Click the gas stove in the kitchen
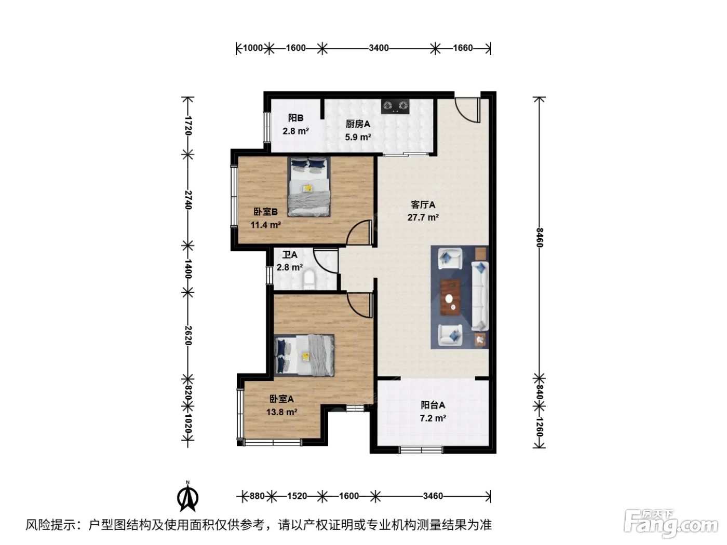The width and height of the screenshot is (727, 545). (395, 106)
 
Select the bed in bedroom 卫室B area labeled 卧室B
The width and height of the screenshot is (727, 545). (308, 187)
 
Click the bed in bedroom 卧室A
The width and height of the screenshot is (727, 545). (304, 355)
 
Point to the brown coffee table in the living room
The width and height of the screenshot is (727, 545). (450, 297)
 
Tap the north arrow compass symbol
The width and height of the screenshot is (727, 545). (188, 496)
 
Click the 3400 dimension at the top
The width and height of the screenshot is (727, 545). (379, 48)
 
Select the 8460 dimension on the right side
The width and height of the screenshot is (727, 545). (539, 237)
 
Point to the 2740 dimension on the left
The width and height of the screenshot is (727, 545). (188, 199)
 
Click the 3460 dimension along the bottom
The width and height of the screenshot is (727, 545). (433, 496)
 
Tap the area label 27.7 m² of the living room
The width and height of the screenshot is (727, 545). (423, 217)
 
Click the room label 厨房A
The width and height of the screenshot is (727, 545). (358, 124)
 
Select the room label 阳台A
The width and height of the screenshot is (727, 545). (433, 405)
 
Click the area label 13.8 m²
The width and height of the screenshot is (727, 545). (281, 412)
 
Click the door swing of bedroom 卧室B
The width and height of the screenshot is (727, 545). (359, 233)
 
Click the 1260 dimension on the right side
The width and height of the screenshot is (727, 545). (539, 427)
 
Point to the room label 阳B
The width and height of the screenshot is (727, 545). (295, 118)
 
